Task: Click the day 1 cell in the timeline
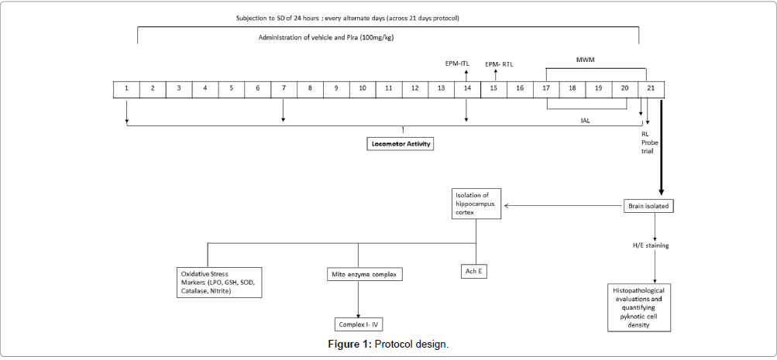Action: (x=126, y=89)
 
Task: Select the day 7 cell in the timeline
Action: (x=284, y=89)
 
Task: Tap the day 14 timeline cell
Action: (x=467, y=89)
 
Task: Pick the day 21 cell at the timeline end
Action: (x=651, y=89)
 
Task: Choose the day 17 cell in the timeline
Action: (x=546, y=89)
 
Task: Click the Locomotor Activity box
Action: (x=400, y=143)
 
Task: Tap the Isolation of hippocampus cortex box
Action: (x=477, y=202)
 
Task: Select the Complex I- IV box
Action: (x=358, y=324)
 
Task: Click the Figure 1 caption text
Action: (x=388, y=344)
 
